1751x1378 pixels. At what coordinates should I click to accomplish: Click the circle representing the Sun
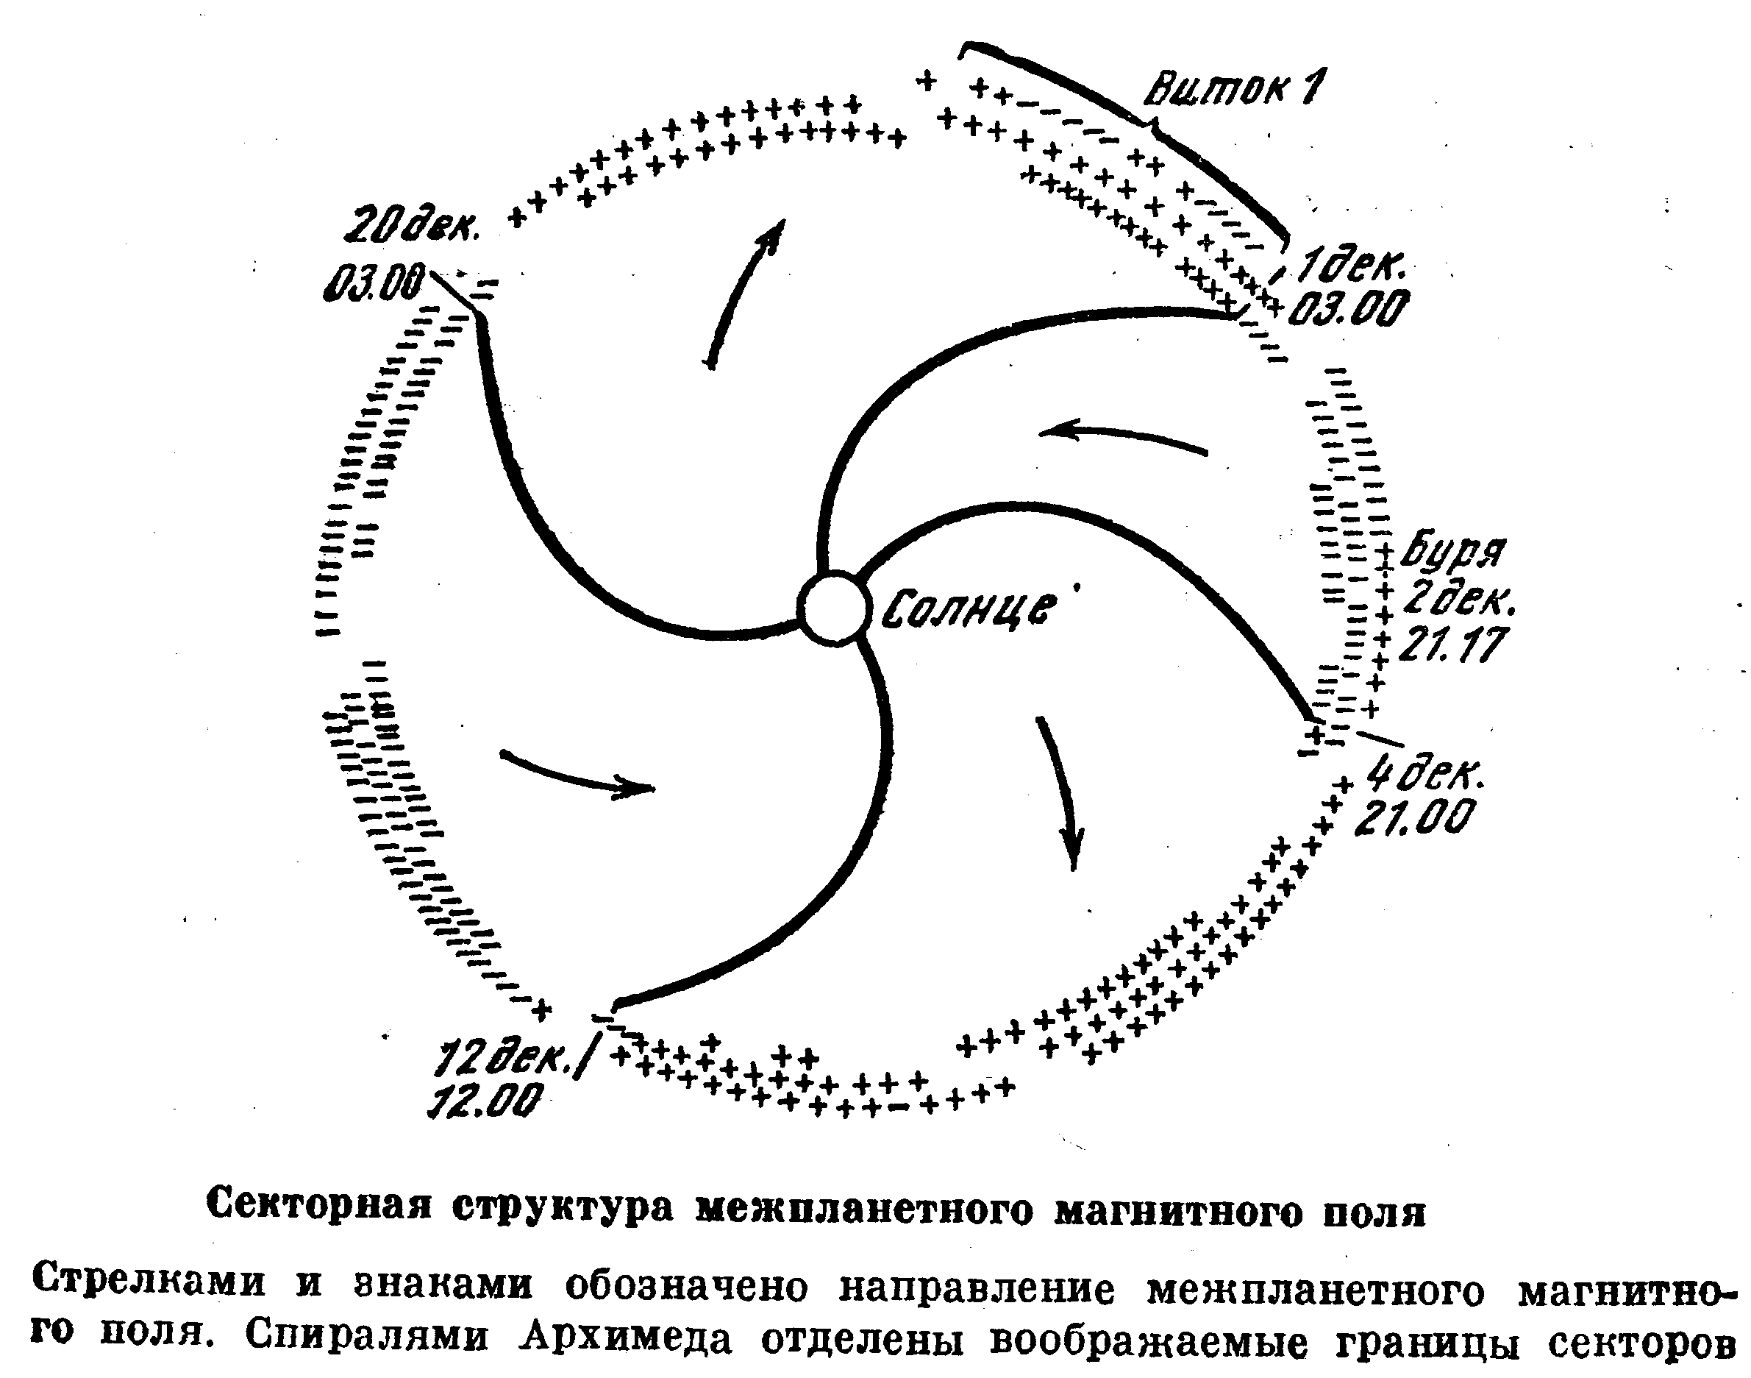click(834, 608)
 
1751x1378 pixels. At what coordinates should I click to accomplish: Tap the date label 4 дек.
click(1424, 776)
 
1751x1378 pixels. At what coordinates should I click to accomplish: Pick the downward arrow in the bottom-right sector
click(1058, 792)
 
